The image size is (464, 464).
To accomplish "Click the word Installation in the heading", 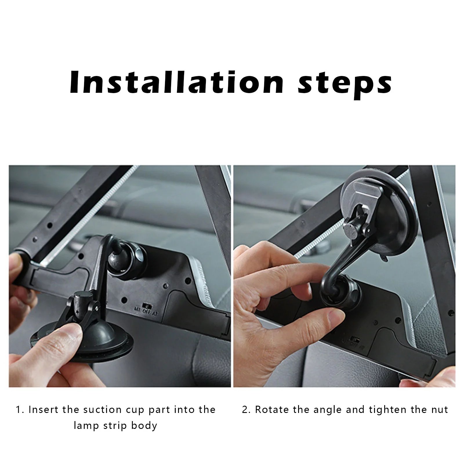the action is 177,82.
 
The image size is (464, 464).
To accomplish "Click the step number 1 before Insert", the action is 18,409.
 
